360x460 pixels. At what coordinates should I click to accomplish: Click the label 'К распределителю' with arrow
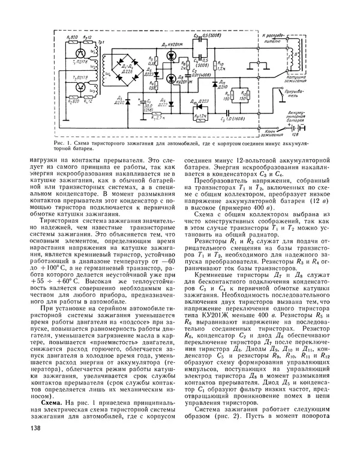click(x=280, y=37)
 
